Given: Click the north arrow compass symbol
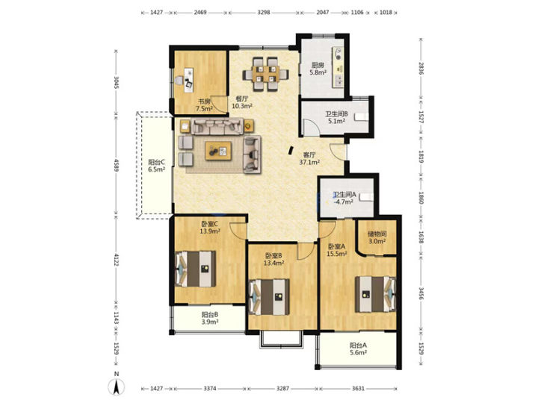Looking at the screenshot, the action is click(117, 387).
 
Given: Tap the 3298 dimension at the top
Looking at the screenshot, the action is click(264, 13).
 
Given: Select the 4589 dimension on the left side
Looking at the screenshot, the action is click(117, 165).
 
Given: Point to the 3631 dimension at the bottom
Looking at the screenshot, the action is click(358, 388).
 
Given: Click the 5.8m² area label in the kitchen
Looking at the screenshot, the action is click(318, 72).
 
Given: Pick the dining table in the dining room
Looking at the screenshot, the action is click(265, 74).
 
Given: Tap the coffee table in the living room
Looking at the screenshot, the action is click(218, 151).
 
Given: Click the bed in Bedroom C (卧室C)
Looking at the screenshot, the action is click(195, 269).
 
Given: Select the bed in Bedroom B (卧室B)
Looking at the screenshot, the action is click(269, 297).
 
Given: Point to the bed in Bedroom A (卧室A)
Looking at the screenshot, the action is click(375, 294).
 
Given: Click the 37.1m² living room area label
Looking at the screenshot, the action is click(309, 162).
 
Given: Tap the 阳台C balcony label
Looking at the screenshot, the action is click(156, 162).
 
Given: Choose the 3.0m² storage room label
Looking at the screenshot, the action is click(377, 241).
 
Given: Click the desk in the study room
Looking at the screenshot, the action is click(188, 80).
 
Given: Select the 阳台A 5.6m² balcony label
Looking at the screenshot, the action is click(358, 349).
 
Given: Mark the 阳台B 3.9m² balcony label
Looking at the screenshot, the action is click(210, 318).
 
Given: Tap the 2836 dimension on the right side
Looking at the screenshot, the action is click(421, 68).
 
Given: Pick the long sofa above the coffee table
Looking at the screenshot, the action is click(217, 126).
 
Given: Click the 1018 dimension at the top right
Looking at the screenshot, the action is click(386, 13).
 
